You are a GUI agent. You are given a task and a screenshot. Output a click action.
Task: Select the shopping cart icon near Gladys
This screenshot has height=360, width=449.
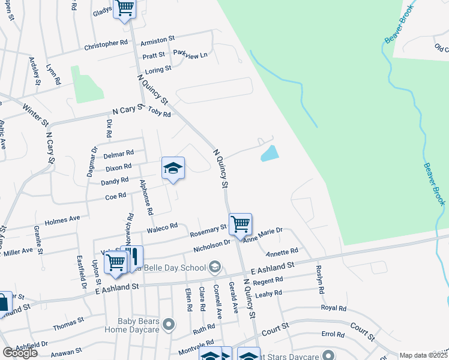coord(125,8)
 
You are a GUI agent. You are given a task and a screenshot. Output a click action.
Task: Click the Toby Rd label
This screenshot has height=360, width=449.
coord(159,112)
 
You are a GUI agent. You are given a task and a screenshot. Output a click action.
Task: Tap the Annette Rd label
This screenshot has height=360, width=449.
coord(282,251)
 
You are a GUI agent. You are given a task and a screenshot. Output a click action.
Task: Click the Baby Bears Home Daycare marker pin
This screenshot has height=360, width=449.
coord(169,325)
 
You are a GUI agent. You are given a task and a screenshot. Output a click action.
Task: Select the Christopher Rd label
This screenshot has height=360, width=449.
coord(106,44)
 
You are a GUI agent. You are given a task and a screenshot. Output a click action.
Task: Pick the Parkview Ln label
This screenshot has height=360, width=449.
coord(190,55)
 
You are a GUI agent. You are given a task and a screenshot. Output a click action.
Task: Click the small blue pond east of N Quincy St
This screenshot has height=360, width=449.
coord(270,154)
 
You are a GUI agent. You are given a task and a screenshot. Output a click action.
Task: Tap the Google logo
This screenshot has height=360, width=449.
coord(20,353)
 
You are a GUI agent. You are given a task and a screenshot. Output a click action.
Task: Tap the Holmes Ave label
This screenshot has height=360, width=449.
coord(62,220)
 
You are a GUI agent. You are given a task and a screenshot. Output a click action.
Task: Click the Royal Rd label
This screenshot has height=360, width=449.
coord(334,308)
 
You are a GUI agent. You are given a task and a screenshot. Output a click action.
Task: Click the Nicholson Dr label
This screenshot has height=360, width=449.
coord(212,245)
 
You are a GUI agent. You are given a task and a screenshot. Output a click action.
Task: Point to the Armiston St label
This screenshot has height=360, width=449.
coord(157,40)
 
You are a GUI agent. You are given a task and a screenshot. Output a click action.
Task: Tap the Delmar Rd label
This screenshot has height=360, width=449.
coord(118,154)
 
